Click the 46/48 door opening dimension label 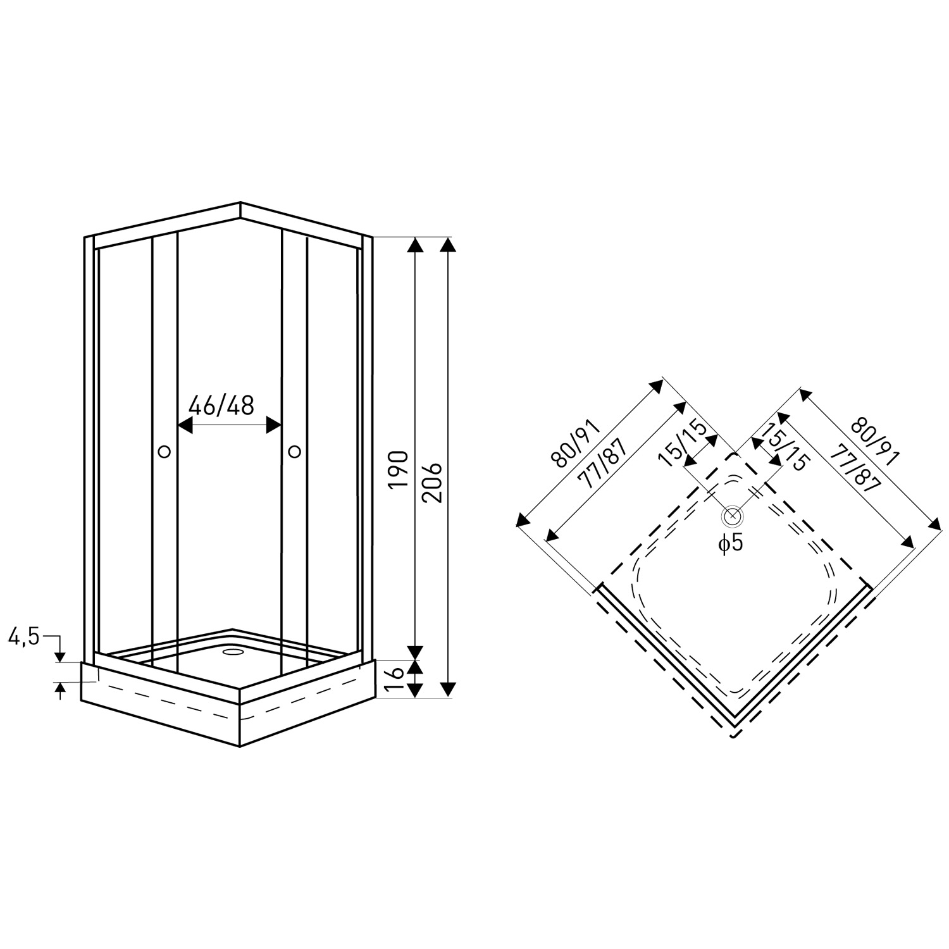(x=221, y=405)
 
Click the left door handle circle (x=164, y=451)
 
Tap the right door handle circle (x=294, y=451)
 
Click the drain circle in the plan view (x=732, y=516)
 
